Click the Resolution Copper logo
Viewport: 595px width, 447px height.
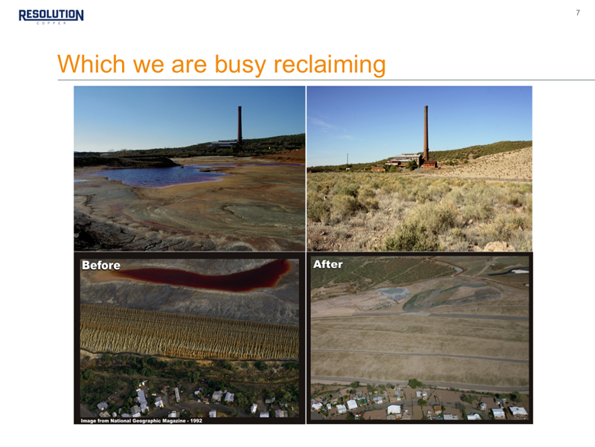(51, 16)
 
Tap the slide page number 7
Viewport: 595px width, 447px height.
(578, 13)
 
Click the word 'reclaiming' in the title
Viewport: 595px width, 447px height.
(329, 64)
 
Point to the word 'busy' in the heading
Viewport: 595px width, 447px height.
(240, 64)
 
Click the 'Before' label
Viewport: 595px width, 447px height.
(101, 266)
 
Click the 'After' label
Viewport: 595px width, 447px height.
(328, 264)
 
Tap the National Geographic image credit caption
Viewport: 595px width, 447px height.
(141, 420)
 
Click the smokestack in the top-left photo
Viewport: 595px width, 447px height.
(239, 125)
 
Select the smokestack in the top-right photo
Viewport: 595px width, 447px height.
(425, 133)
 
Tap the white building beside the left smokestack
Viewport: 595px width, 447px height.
(225, 144)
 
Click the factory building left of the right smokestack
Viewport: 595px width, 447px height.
(404, 159)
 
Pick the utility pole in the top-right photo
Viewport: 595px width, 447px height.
(347, 160)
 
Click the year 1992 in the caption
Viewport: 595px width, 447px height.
(196, 420)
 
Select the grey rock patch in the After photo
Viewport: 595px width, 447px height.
(393, 293)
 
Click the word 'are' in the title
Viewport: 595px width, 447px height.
(189, 65)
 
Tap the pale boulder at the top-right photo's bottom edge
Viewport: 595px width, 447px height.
(498, 247)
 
